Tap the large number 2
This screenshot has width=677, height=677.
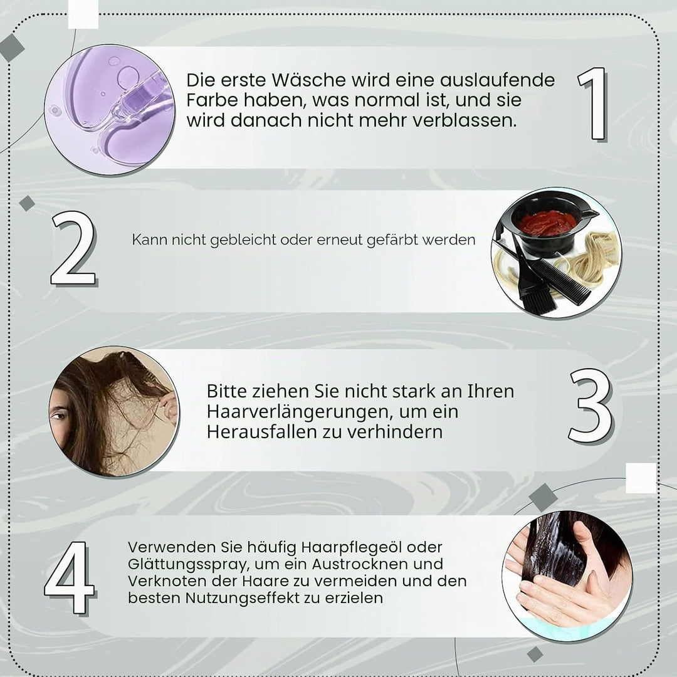pos(73,249)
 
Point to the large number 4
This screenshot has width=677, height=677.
pos(70,578)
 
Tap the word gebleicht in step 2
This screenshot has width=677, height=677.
pos(243,239)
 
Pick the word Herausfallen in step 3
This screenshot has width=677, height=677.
pos(262,431)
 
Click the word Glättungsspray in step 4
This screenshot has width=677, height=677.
pos(188,564)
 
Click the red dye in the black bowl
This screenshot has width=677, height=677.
pos(547,223)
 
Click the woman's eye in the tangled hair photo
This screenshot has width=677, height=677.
pos(59,416)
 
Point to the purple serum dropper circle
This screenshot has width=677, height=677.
pos(110,110)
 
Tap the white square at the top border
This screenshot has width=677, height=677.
pos(83,14)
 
